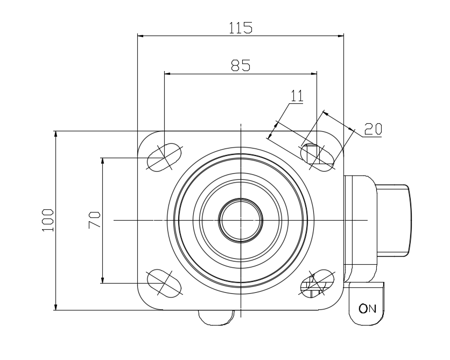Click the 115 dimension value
click(241, 28)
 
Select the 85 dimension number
click(241, 65)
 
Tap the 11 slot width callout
click(297, 96)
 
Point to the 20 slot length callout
click(373, 129)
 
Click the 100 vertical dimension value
click(48, 220)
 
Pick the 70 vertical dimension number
click(94, 220)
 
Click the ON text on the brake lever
click(367, 308)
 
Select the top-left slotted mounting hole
click(165, 158)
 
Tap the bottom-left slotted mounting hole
click(165, 283)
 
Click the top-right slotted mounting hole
click(317, 158)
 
